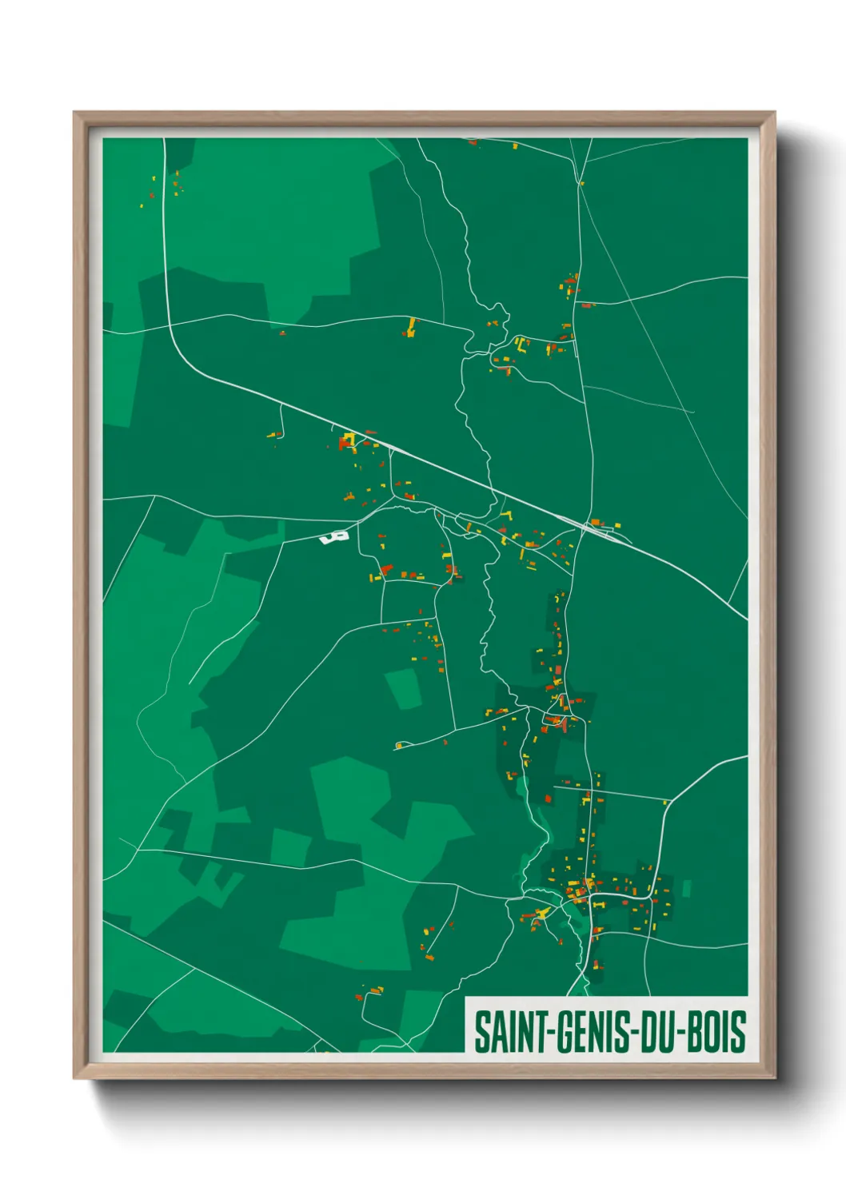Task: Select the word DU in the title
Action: [657, 1032]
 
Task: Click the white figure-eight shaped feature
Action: [334, 537]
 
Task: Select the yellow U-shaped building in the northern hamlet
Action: [521, 345]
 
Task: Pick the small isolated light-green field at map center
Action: [404, 688]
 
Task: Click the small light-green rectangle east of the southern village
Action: [686, 888]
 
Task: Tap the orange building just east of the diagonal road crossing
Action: [596, 523]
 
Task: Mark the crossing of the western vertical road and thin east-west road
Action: [169, 325]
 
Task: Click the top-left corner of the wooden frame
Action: [74, 114]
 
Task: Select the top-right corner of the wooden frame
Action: [774, 114]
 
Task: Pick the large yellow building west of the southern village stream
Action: [544, 912]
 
